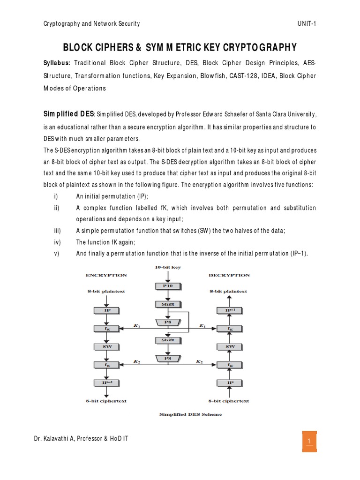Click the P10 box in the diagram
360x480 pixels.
coord(167,285)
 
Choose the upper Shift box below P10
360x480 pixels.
coord(167,304)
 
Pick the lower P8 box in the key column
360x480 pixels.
coord(167,358)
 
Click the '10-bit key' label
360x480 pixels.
coord(167,267)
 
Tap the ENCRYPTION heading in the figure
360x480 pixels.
coord(106,275)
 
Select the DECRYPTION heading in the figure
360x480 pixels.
coord(229,275)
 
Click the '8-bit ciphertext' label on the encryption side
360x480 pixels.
coord(106,401)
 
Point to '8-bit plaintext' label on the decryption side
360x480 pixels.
coord(228,291)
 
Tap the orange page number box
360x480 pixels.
coord(309,441)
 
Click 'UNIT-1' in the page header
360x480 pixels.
coord(307,24)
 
